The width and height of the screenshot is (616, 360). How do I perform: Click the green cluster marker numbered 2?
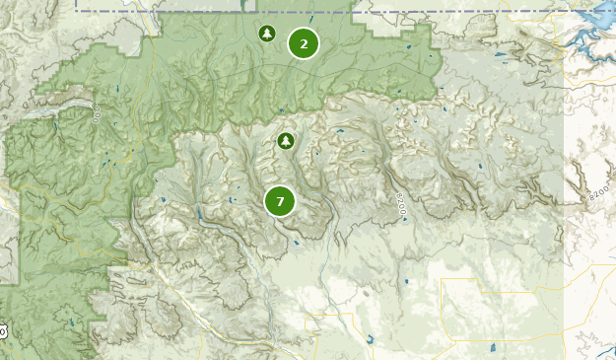tap(304, 43)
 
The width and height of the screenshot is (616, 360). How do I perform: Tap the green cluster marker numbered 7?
tap(280, 201)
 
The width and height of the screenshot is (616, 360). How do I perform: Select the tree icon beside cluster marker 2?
tap(266, 35)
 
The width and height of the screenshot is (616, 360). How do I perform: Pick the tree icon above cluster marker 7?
tap(286, 141)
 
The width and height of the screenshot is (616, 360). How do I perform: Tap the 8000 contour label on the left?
tap(97, 110)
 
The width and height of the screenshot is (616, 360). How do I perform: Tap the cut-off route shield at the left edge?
tap(3, 332)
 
